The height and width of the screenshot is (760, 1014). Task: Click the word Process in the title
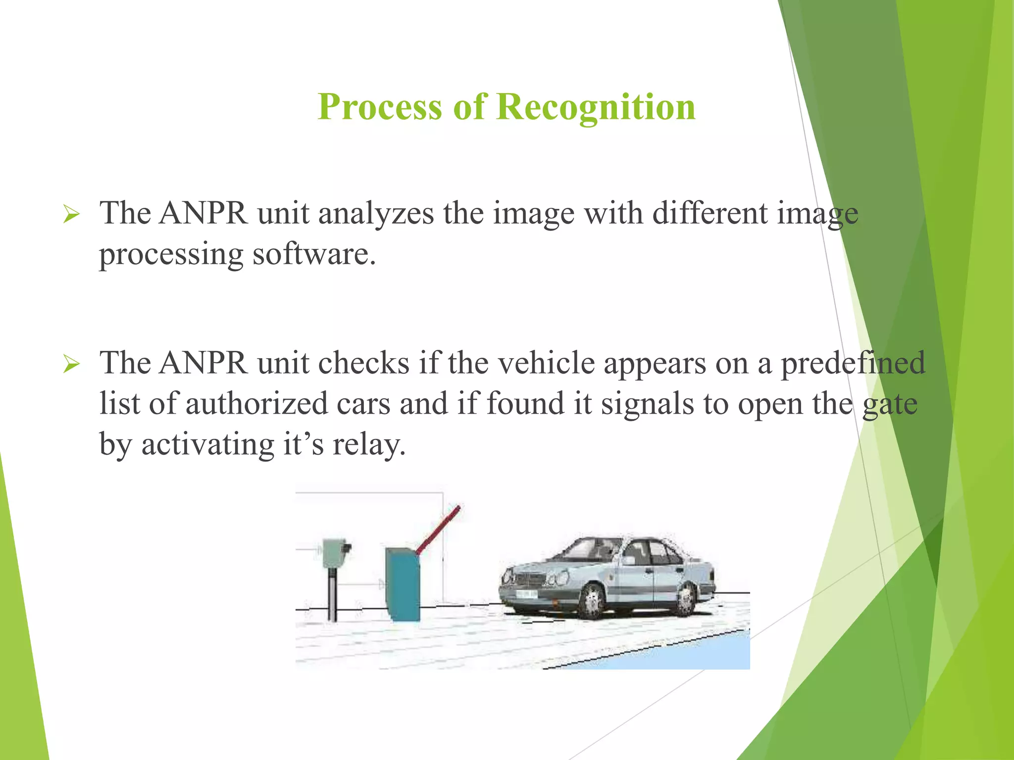[x=379, y=107]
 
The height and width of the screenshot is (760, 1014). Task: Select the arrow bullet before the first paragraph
[x=71, y=215]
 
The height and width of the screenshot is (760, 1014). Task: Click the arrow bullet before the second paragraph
[x=71, y=365]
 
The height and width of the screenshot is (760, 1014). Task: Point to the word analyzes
[x=376, y=214]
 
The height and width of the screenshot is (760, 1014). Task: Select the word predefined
[x=853, y=364]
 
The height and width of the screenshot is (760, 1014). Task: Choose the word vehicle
[x=546, y=364]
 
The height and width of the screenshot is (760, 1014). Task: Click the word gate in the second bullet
[x=890, y=404]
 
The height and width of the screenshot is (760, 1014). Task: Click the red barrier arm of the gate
[x=438, y=528]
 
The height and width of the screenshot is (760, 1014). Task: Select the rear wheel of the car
[x=686, y=600]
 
